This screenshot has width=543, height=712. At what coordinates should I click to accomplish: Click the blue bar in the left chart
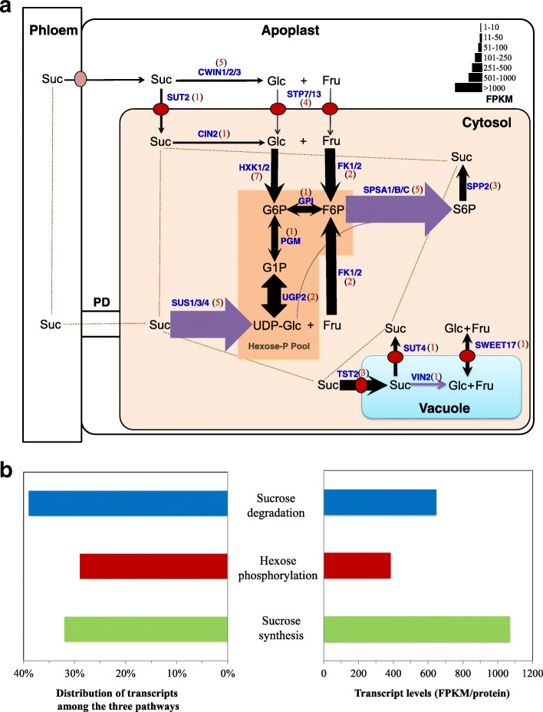pos(128,503)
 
